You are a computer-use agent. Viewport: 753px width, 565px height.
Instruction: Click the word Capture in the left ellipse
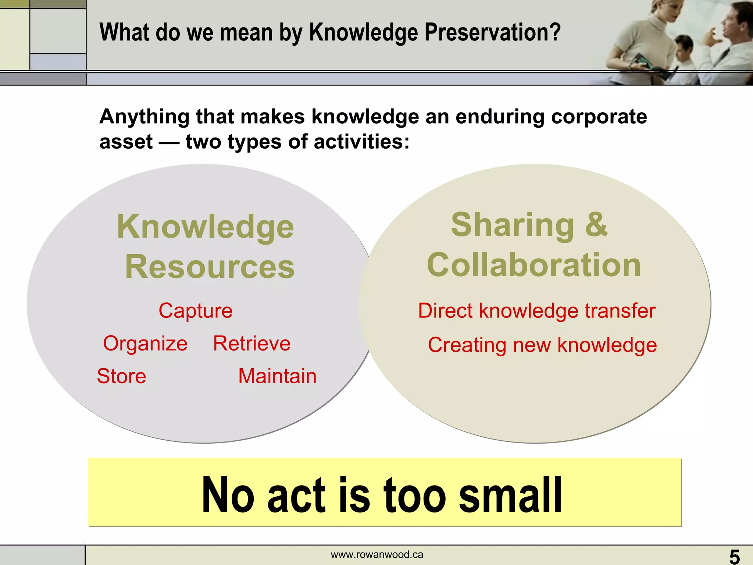point(195,311)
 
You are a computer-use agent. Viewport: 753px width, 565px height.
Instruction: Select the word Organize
point(145,344)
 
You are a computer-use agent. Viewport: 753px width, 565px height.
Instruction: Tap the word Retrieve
point(252,344)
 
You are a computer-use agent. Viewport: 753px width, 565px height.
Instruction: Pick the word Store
point(121,376)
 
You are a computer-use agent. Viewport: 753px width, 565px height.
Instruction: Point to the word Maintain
point(277,376)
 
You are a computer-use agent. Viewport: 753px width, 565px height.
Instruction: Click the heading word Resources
point(210,267)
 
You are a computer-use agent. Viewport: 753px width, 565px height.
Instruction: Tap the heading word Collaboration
point(534,265)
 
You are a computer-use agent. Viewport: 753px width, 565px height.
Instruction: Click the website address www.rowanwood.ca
point(377,555)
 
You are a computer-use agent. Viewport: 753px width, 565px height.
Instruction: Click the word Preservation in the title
point(493,32)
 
